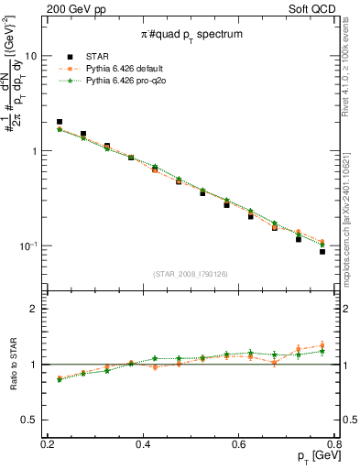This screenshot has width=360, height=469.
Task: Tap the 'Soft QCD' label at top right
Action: coord(325,8)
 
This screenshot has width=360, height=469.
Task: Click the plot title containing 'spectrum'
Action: coord(191,34)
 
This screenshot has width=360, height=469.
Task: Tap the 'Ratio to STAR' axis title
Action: coord(11,365)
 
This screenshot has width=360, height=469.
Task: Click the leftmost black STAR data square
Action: coord(60,121)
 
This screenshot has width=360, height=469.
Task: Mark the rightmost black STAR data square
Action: coord(322,251)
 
